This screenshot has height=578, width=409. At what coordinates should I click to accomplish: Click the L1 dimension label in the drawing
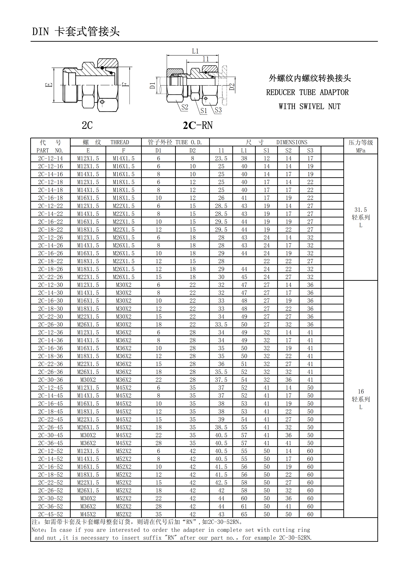pos(195,51)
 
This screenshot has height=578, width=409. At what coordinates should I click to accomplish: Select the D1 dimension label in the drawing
pos(152,86)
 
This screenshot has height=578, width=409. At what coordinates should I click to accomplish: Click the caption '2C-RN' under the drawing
pos(198,125)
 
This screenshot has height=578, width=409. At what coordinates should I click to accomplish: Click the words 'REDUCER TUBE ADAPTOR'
pos(307,92)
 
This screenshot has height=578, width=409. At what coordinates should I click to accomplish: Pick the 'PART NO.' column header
pos(50,151)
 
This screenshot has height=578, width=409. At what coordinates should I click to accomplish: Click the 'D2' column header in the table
pos(192,151)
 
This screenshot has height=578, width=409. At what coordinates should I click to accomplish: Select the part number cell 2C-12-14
pos(50,158)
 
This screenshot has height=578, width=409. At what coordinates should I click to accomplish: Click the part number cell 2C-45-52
pos(50,514)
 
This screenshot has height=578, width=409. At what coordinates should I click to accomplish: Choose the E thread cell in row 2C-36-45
pos(88,443)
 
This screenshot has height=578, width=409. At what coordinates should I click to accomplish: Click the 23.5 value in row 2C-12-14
pos(221,158)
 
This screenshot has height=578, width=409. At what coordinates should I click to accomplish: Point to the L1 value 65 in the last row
pos(244,514)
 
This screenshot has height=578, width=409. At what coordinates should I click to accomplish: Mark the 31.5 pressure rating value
pos(361,210)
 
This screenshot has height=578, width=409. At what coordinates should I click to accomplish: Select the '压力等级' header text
pos(361,142)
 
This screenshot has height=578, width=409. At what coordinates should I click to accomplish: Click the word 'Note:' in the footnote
pos(39,530)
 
